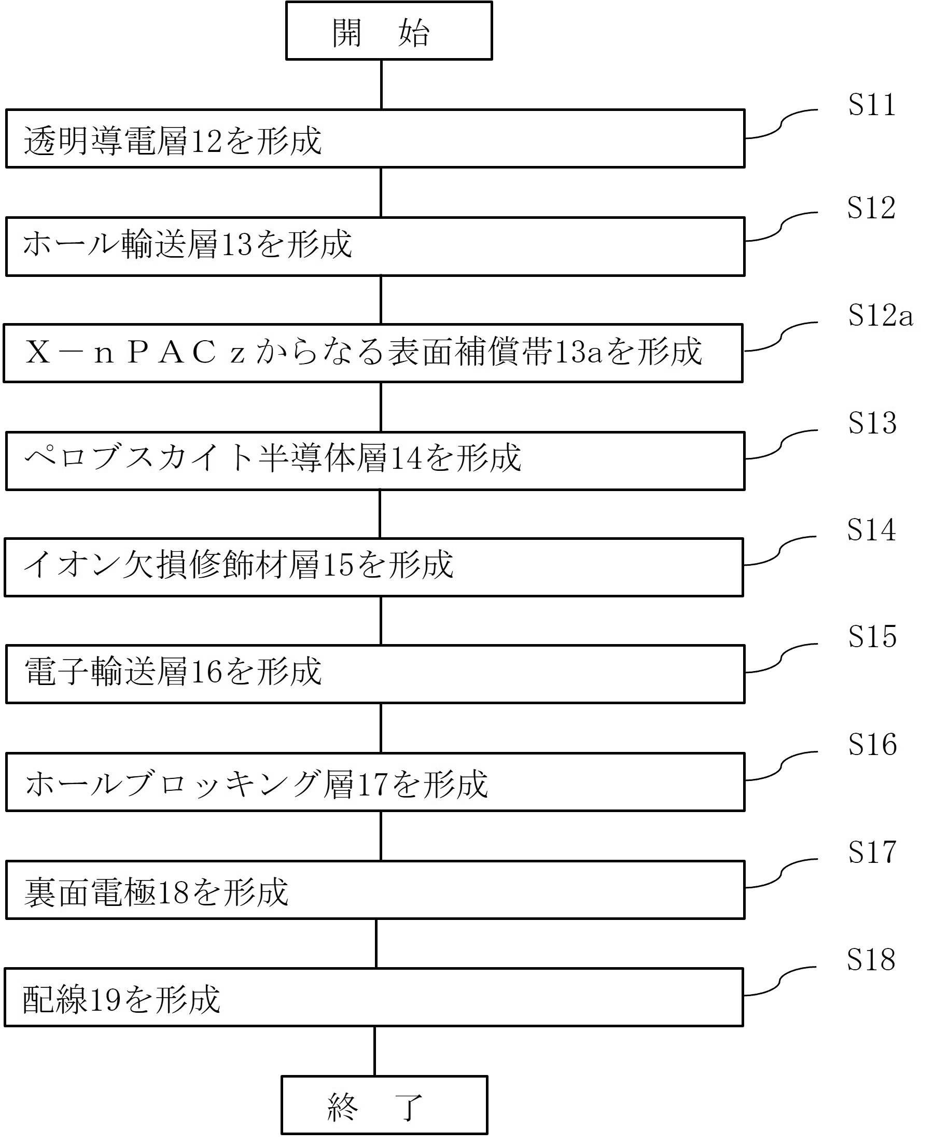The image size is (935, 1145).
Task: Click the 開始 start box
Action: click(x=388, y=31)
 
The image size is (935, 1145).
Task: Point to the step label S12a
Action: click(x=881, y=315)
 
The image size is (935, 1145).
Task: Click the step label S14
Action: click(x=871, y=529)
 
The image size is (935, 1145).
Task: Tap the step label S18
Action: click(x=871, y=959)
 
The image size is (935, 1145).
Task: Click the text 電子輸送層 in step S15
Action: click(x=106, y=672)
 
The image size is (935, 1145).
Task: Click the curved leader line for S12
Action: click(x=781, y=227)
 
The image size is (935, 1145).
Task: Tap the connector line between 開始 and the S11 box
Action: click(x=381, y=85)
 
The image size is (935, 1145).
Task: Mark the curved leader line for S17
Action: click(x=781, y=873)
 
